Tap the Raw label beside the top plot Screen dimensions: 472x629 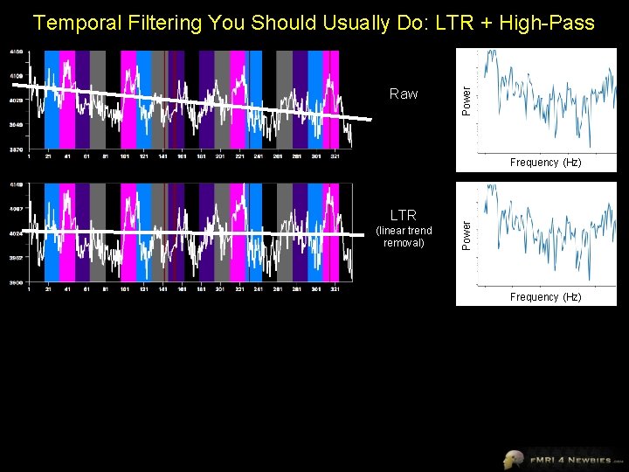404,94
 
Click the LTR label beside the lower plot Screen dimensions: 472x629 404,214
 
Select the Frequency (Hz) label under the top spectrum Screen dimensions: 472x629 546,163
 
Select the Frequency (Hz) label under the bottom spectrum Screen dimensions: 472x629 546,297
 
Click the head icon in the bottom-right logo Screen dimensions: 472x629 513,459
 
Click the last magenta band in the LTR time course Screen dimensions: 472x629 331,232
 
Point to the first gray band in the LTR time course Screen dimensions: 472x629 98,232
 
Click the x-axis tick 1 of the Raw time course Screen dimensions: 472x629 30,157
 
